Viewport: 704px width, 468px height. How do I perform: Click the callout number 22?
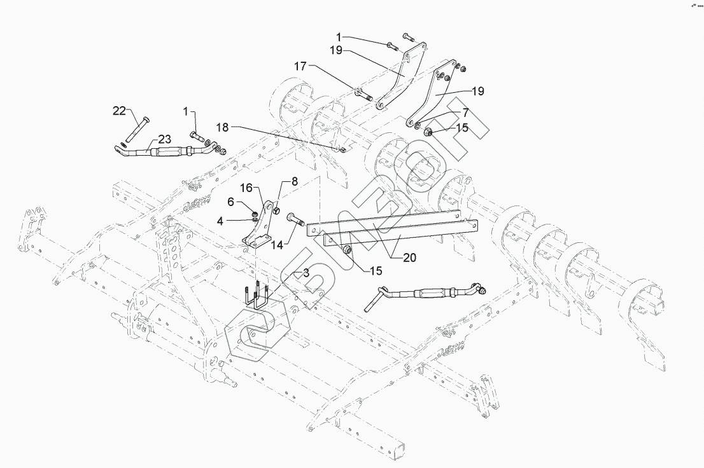coord(120,111)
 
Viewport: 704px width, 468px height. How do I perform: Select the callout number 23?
coord(164,139)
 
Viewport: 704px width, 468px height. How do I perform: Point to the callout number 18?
coord(222,127)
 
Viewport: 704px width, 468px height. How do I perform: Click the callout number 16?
coord(246,188)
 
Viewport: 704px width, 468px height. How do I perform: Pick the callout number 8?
coord(295,182)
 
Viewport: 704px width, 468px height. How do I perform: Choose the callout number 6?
coord(231,202)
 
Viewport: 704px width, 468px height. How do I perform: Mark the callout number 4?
coord(220,221)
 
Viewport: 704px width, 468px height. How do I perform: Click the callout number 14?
coord(277,245)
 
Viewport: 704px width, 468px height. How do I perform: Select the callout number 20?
coord(409,258)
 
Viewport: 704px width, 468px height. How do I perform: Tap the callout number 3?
coord(306,272)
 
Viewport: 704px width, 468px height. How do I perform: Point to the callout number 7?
coord(465,113)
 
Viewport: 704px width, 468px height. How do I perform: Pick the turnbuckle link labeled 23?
coord(169,150)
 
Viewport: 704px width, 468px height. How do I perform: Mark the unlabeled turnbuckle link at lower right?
coord(425,294)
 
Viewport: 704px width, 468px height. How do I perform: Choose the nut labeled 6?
coord(255,212)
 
